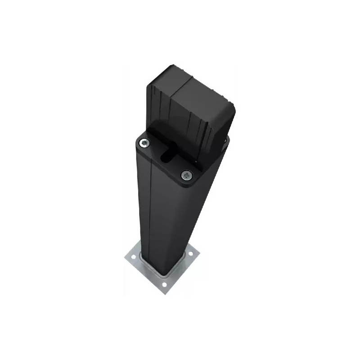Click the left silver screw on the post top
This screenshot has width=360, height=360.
coord(144,143)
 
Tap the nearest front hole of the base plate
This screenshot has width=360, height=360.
coord(164,284)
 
